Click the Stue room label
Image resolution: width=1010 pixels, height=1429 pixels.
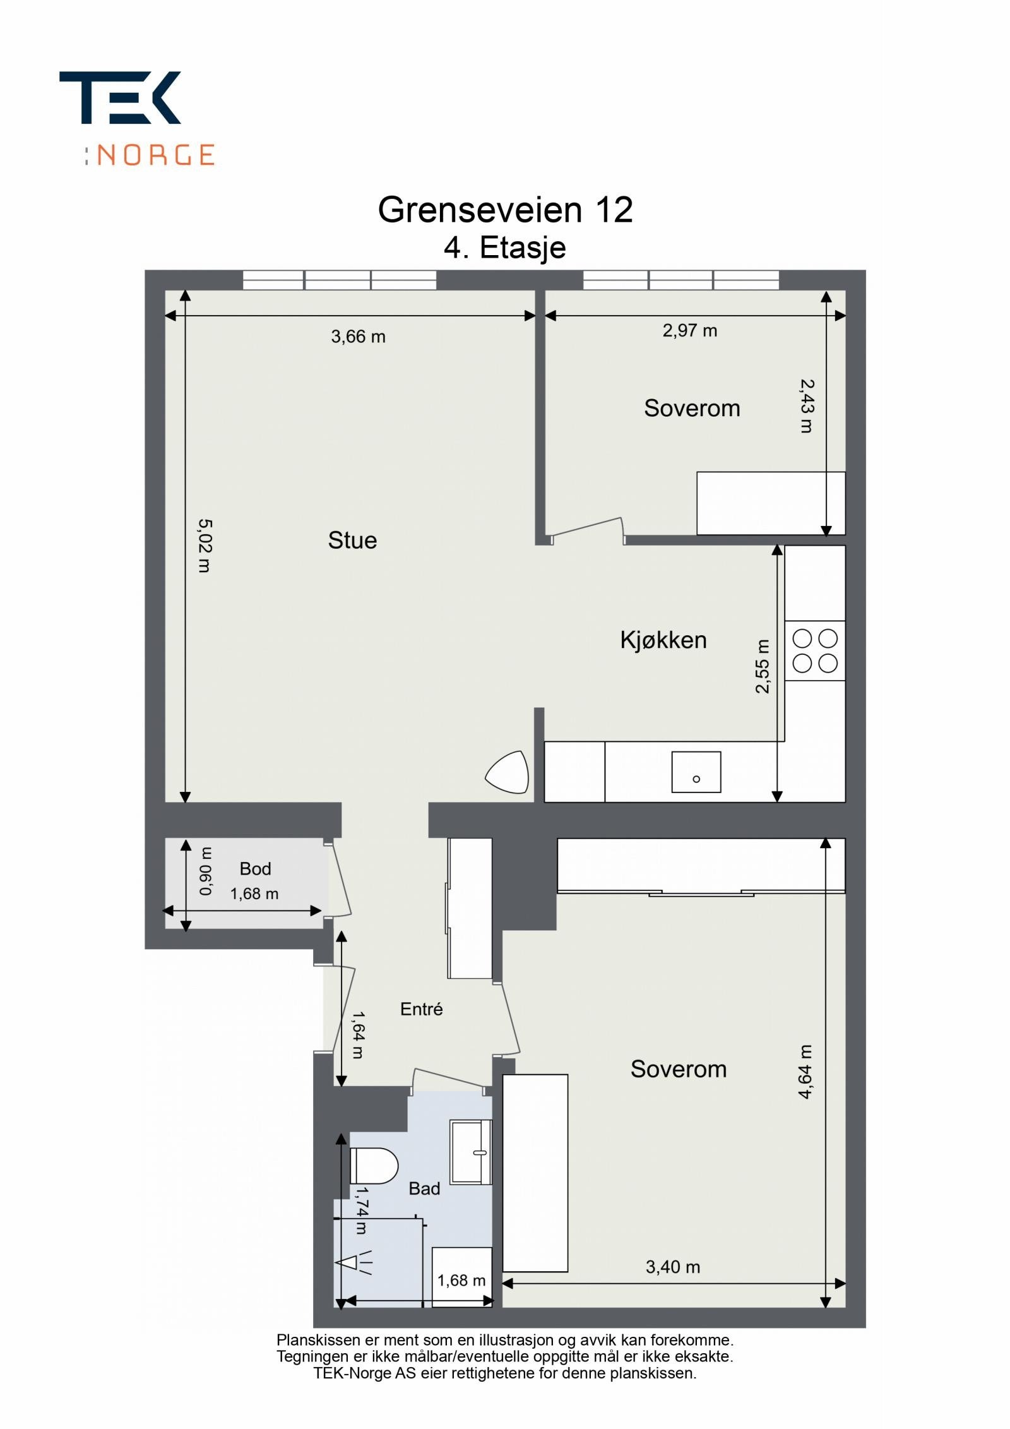pos(352,541)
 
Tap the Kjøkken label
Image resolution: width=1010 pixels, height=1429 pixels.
pos(663,640)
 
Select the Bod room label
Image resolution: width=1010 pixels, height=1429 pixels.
pos(255,869)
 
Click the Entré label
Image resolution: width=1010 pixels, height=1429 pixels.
pos(421,1009)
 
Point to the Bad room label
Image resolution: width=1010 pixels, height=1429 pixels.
pos(424,1189)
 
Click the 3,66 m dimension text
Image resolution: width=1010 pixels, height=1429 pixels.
pos(358,337)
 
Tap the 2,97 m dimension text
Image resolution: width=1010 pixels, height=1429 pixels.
pos(689,331)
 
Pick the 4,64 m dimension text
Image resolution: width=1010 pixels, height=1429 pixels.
pos(805,1072)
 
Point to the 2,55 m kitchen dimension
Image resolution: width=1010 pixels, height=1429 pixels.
pos(763,667)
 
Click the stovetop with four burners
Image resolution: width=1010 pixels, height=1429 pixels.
pos(815,651)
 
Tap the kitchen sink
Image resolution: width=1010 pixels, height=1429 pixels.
pos(696,772)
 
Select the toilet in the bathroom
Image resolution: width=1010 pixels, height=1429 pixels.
pos(373,1166)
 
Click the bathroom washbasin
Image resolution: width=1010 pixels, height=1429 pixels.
pos(471,1151)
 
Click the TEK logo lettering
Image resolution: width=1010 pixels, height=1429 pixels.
pos(120,97)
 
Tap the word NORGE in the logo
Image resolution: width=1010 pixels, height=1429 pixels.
pos(156,155)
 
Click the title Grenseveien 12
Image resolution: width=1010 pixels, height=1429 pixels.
pos(505,210)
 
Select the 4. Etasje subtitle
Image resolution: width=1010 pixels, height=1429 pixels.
pos(505,248)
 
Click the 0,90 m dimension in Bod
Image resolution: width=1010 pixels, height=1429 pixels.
pos(206,871)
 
